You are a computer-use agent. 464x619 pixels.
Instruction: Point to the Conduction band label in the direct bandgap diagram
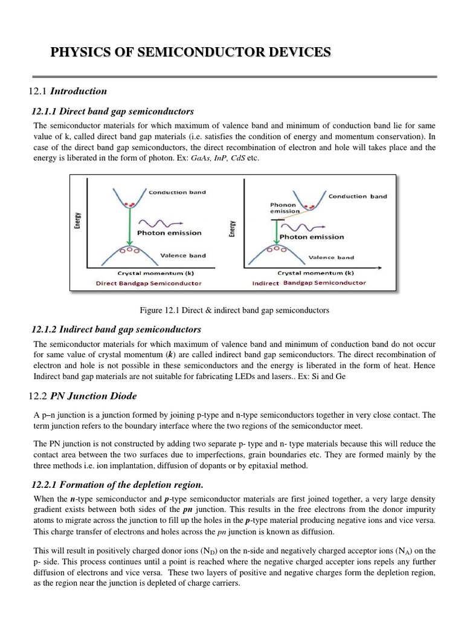click(x=177, y=192)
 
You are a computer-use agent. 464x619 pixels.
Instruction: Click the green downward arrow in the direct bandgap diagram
click(x=129, y=227)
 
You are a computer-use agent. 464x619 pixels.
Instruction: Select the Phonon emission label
click(x=285, y=208)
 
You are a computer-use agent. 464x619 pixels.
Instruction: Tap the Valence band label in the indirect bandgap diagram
click(x=331, y=257)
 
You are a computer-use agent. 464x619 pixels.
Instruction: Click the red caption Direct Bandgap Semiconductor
click(x=149, y=283)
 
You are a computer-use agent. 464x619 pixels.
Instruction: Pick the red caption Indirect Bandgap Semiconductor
click(x=309, y=283)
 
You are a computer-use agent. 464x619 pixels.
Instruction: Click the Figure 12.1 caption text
click(x=234, y=310)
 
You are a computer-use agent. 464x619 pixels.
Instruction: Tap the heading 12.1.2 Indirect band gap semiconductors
click(x=116, y=329)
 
